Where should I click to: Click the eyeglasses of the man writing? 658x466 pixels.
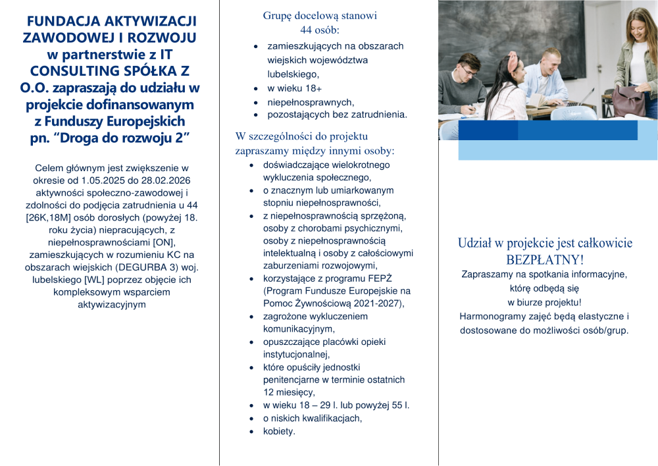pyautogui.click(x=465, y=68)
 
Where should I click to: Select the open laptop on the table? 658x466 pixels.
pyautogui.click(x=582, y=99)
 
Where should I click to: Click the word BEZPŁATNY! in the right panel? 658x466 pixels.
pyautogui.click(x=545, y=259)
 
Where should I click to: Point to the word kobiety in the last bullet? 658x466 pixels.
pyautogui.click(x=279, y=431)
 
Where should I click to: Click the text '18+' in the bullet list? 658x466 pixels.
pyautogui.click(x=313, y=88)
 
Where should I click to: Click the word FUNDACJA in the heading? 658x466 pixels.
pyautogui.click(x=64, y=22)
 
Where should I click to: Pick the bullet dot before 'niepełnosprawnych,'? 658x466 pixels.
pyautogui.click(x=256, y=103)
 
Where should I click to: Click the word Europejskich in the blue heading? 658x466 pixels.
pyautogui.click(x=141, y=121)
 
